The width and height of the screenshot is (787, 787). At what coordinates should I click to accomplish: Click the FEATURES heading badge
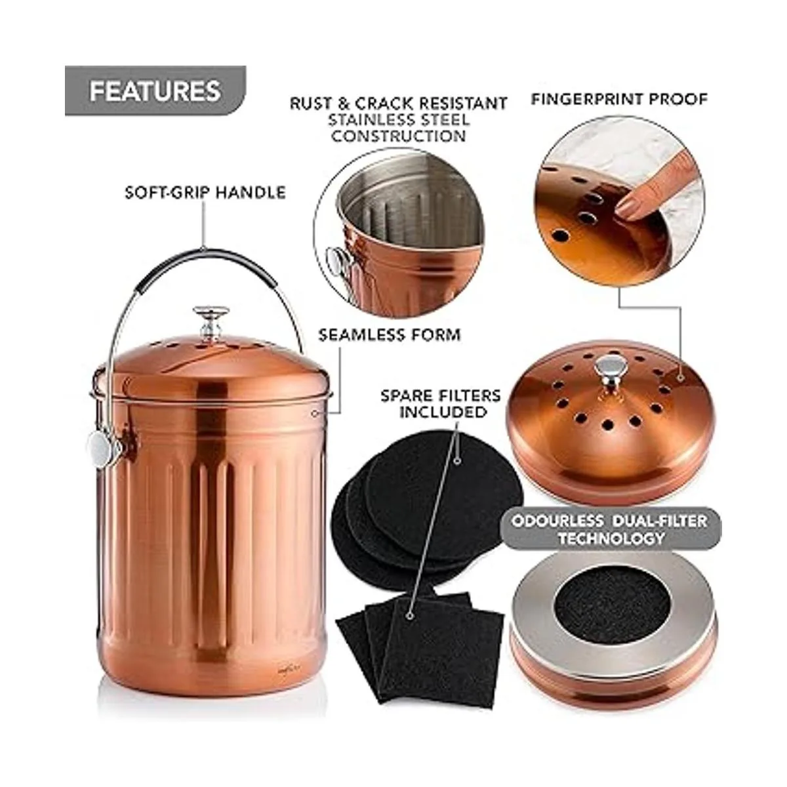point(155,91)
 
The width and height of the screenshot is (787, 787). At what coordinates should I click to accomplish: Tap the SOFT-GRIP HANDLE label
point(205,192)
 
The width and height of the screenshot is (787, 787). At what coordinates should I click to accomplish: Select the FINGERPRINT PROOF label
point(619,99)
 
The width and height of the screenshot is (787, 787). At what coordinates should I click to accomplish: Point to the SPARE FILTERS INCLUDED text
point(441,404)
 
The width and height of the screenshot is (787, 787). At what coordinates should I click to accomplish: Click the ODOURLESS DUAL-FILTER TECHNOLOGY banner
point(611,529)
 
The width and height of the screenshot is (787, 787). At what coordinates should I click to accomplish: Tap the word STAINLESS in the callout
point(399,120)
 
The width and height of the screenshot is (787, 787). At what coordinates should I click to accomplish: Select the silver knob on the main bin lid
point(211,321)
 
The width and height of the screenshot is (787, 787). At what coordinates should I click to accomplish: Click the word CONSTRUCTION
point(399,136)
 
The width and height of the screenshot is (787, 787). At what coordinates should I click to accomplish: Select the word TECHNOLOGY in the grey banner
point(611,538)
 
